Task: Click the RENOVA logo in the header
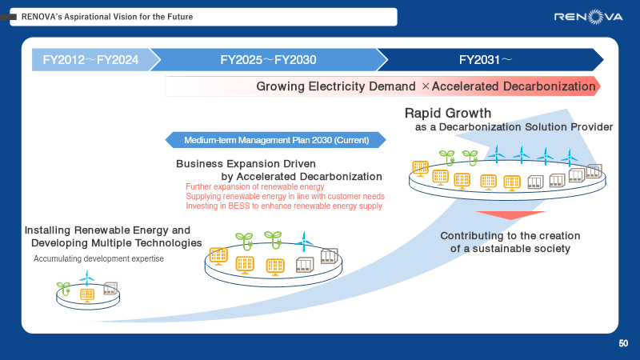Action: pos(591,16)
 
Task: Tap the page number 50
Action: pos(623,344)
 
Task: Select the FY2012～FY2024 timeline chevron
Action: pos(90,59)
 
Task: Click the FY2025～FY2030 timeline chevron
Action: pos(268,59)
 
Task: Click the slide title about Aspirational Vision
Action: pos(107,17)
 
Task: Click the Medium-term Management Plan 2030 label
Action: pos(276,140)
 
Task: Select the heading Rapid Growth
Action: pos(448,114)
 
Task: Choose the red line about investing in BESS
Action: pos(284,206)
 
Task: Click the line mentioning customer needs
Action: pos(285,196)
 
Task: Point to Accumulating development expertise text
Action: pos(98,258)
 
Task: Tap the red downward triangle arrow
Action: pos(510,216)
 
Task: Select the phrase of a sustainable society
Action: pos(510,249)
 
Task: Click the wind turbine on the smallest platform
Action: pos(87,278)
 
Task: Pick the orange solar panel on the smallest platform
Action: pos(86,294)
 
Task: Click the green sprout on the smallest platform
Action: pos(63,286)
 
